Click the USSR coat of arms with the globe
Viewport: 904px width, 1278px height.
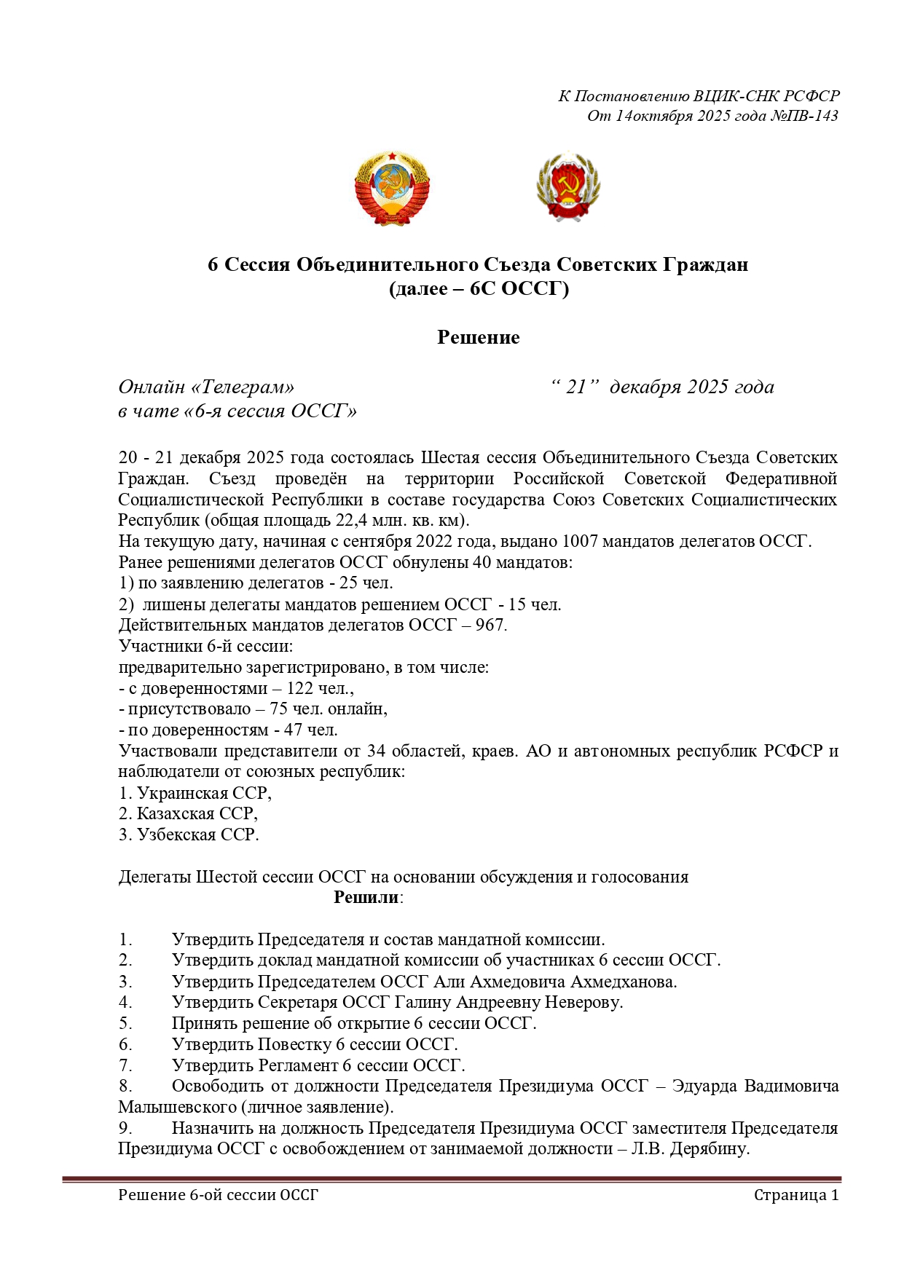(x=392, y=188)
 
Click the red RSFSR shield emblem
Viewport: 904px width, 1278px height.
(x=568, y=187)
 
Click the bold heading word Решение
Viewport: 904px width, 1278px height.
(x=478, y=337)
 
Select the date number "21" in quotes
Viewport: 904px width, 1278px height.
(x=575, y=387)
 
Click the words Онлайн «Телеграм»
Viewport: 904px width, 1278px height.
(x=206, y=387)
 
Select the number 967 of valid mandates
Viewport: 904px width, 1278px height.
(x=490, y=625)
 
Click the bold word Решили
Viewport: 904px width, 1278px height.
(x=366, y=897)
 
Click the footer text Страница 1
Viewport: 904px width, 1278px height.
(x=795, y=1195)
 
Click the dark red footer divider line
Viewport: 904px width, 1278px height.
(x=452, y=1179)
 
